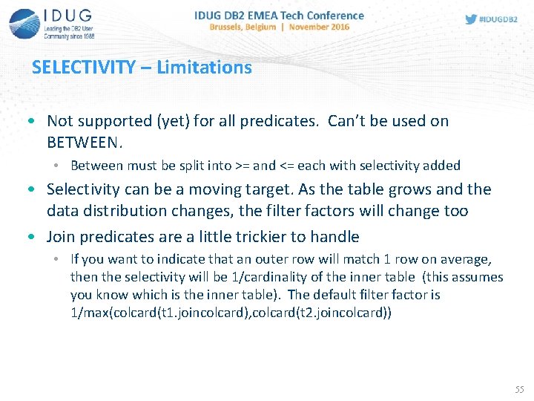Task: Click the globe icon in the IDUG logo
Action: click(x=24, y=23)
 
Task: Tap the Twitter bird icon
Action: click(x=471, y=19)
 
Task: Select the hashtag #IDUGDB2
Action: click(x=500, y=19)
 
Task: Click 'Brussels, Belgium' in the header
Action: click(x=243, y=27)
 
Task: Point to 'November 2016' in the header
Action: click(x=319, y=27)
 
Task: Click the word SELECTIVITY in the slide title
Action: click(x=83, y=68)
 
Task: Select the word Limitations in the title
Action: click(x=210, y=68)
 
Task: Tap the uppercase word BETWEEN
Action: click(x=82, y=141)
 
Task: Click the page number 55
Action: click(x=520, y=389)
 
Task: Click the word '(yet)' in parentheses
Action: click(x=171, y=121)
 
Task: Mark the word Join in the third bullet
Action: click(x=62, y=237)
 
